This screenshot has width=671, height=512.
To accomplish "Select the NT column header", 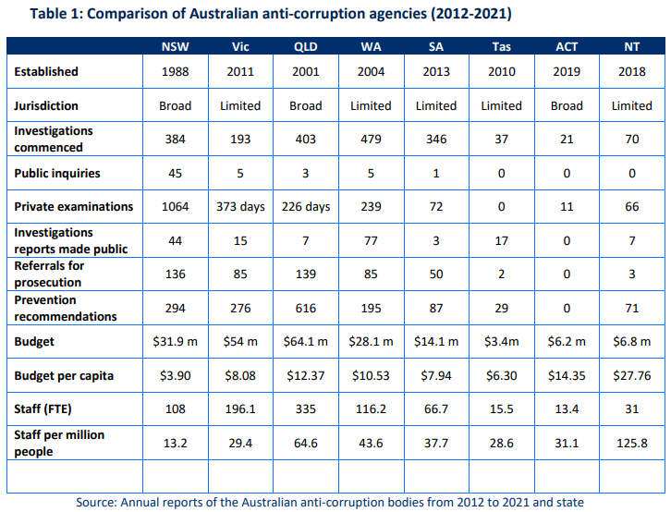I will click(632, 46).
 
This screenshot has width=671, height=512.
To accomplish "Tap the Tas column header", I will click(501, 46).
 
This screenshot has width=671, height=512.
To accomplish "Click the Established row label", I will click(46, 71).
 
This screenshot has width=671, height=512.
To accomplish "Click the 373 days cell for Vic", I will click(240, 207).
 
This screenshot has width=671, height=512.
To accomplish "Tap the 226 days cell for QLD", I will click(306, 207).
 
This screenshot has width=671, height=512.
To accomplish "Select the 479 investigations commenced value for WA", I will click(371, 139).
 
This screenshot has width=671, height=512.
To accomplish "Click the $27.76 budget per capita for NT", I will click(632, 375).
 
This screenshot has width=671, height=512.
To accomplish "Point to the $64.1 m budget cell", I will click(306, 342).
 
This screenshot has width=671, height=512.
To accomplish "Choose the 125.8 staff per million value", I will click(632, 444).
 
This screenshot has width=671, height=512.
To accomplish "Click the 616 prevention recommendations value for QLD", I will click(306, 308).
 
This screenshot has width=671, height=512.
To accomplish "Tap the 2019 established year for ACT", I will click(567, 71).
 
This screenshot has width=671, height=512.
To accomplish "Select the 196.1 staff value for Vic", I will click(240, 409).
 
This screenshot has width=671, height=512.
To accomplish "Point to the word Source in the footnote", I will click(97, 502).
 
